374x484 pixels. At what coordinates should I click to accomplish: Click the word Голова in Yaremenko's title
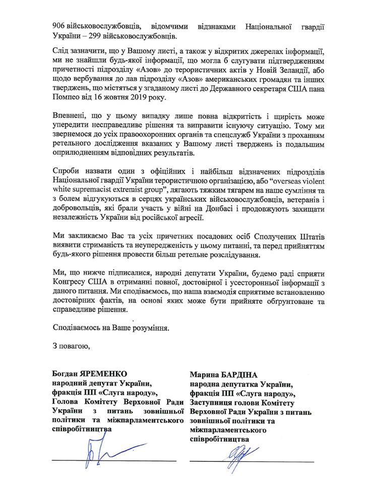[x=65, y=402]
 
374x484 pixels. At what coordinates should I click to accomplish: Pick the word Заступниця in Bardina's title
[x=212, y=403]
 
